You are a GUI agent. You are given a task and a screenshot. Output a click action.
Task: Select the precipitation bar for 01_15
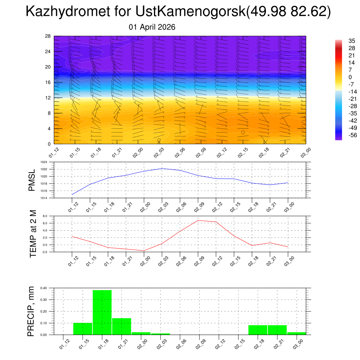tap(83, 329)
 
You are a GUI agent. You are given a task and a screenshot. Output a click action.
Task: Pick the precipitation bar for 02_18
tap(258, 330)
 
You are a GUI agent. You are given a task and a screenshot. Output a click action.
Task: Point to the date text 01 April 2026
tap(152, 27)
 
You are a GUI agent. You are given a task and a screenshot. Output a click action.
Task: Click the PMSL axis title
tap(32, 180)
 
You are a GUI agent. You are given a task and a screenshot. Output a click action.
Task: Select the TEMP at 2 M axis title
tap(33, 234)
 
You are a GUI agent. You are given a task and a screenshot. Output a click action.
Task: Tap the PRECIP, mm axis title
tap(31, 311)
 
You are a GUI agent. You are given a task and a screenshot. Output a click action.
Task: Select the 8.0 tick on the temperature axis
tap(45, 216)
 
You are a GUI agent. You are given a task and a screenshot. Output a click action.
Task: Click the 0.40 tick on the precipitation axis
tap(44, 288)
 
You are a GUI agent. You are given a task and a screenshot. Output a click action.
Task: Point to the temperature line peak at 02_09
tap(198, 220)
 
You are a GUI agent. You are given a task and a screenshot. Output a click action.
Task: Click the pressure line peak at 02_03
tap(162, 168)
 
